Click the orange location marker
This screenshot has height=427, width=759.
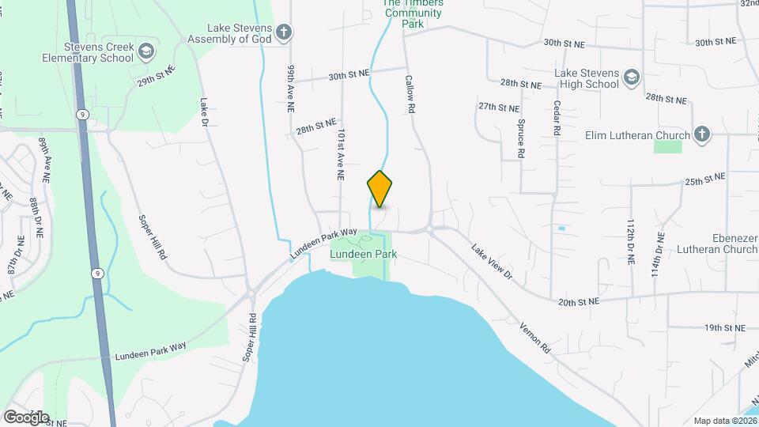click(380, 188)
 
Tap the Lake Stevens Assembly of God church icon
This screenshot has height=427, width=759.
click(284, 32)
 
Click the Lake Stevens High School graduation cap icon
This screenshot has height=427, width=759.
click(630, 77)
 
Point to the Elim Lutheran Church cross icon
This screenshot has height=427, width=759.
click(700, 134)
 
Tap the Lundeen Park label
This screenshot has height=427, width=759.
click(364, 255)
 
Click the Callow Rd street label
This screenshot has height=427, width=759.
click(410, 96)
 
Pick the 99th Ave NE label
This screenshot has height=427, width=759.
click(291, 88)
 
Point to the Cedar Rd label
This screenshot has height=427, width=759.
click(557, 116)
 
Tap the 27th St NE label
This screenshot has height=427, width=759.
click(499, 107)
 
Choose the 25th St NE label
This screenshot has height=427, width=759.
click(704, 181)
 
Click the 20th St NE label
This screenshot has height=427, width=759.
click(578, 302)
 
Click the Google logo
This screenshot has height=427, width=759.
click(26, 418)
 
